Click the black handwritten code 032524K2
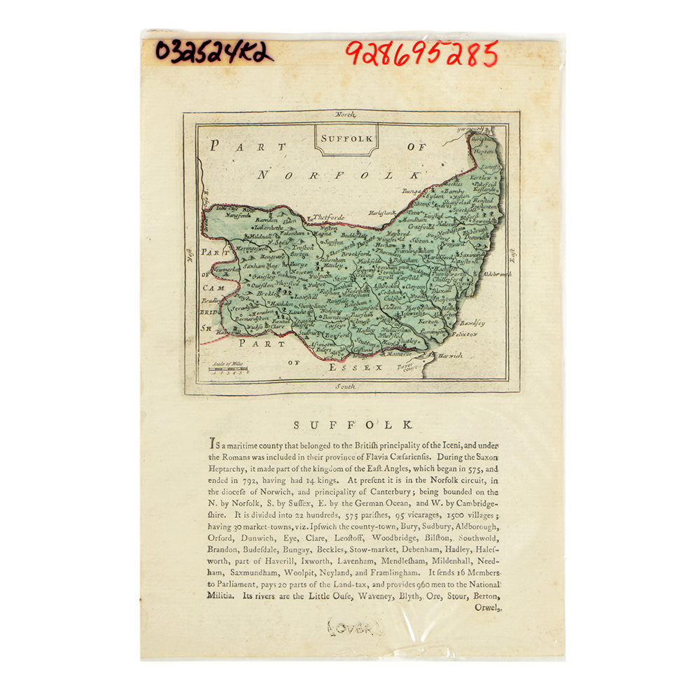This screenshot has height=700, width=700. (213, 50)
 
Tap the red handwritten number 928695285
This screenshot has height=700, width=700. (421, 53)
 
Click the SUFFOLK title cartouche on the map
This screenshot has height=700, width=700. (346, 138)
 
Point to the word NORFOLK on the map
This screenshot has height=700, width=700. (339, 174)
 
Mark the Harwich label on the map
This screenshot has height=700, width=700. (451, 356)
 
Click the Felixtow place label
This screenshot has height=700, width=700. (462, 335)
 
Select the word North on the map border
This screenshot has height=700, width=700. (345, 114)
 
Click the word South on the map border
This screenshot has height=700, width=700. (345, 386)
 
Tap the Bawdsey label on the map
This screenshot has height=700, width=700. (471, 323)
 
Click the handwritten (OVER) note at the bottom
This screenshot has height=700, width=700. (356, 622)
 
